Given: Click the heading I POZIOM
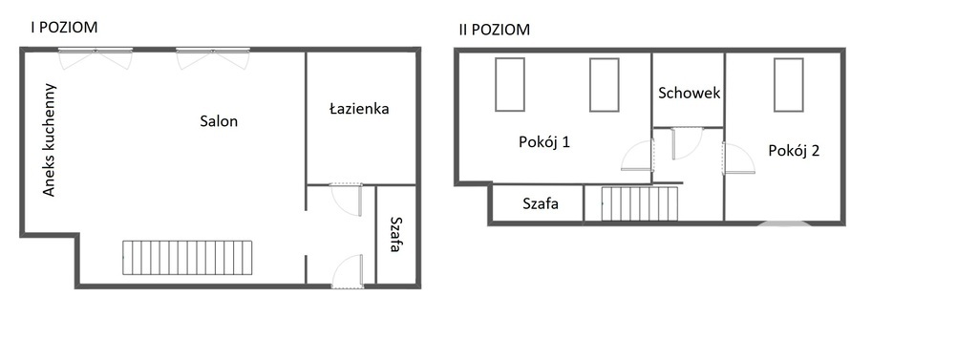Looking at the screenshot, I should tap(64, 28).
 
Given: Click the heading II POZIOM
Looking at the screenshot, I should tap(494, 30).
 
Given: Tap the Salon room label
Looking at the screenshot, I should tap(219, 121).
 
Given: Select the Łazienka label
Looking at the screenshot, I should tap(359, 109).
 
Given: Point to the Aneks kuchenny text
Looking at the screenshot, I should tap(50, 141).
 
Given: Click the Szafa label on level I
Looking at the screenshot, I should tap(394, 234).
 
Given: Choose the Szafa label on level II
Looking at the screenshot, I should tap(541, 203).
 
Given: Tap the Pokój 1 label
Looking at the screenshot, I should tap(544, 142).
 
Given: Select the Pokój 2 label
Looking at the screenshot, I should tap(794, 150).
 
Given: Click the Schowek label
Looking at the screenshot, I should tap(689, 94).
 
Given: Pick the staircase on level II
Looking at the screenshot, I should tap(639, 203).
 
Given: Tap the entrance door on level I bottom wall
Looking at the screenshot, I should tap(348, 272).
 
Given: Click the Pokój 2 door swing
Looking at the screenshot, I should tap(737, 158).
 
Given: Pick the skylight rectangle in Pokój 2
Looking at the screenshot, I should tap(788, 85).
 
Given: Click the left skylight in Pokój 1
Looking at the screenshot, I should tap(510, 85).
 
